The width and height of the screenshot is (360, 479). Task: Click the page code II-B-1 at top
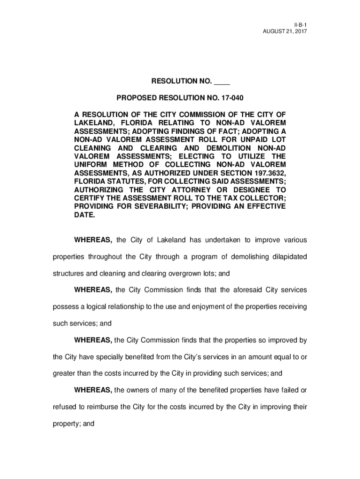click(x=299, y=23)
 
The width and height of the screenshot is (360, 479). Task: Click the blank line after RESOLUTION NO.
click(x=222, y=81)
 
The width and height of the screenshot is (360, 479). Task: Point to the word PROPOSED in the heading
click(x=136, y=98)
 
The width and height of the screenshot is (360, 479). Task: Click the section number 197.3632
click(x=268, y=173)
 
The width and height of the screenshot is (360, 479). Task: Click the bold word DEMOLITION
click(x=217, y=148)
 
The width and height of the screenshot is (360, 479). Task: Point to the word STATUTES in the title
click(x=123, y=181)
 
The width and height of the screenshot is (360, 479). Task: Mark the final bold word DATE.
click(x=84, y=215)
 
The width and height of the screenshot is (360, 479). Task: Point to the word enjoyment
click(x=205, y=306)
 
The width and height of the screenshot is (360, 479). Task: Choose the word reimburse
click(x=100, y=407)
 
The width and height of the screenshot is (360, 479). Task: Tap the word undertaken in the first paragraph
click(x=221, y=240)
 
